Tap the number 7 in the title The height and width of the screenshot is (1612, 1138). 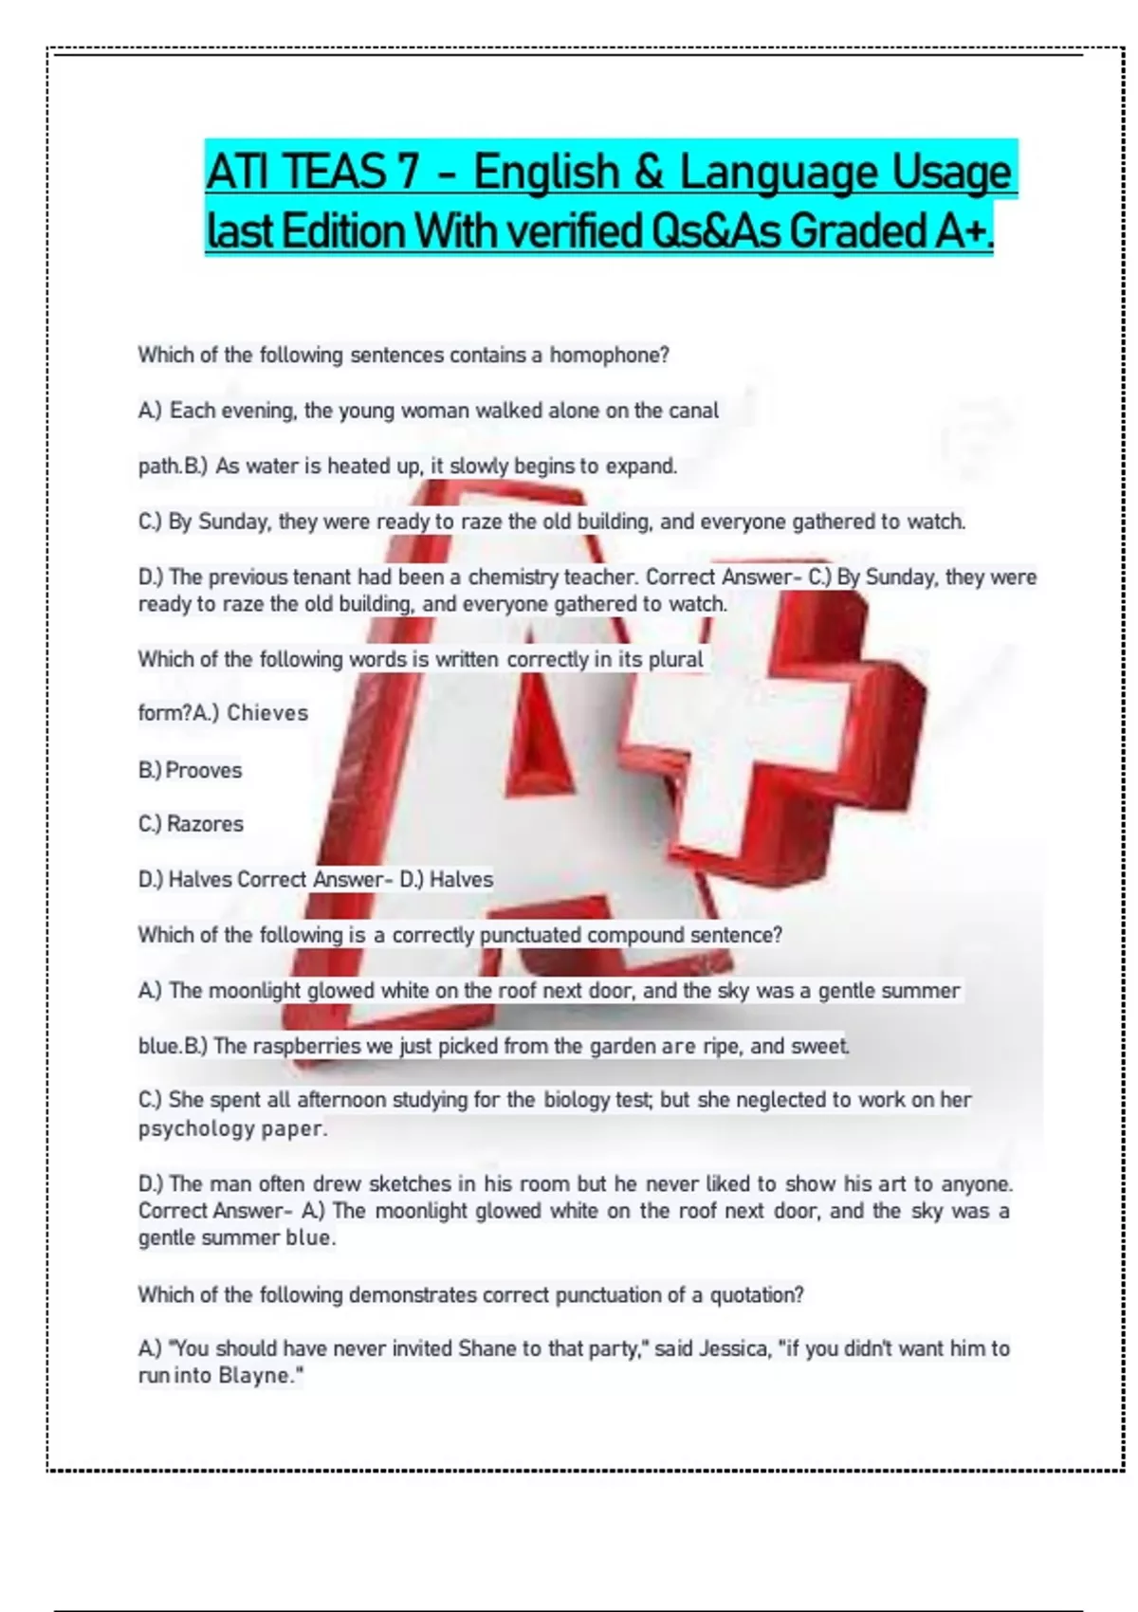(408, 172)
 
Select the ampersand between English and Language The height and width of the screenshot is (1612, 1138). (645, 172)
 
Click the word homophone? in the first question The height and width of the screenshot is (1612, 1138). (609, 356)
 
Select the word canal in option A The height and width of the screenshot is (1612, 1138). (694, 411)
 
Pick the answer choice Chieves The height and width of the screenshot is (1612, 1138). (267, 713)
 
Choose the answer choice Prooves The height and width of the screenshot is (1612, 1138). (204, 770)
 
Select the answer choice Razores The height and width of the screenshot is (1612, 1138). (205, 824)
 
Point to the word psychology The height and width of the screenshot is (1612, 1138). (197, 1128)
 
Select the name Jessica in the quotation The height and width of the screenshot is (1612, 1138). (733, 1348)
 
